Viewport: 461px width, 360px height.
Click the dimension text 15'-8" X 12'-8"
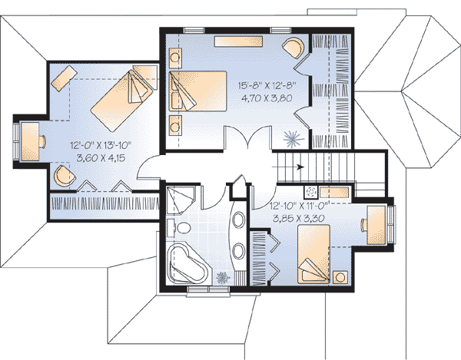[x=267, y=86]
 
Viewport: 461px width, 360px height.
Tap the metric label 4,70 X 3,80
[x=267, y=98]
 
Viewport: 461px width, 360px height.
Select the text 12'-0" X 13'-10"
[x=101, y=145]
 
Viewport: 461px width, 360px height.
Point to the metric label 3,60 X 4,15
[x=101, y=158]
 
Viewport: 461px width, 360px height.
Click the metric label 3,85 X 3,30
[x=299, y=219]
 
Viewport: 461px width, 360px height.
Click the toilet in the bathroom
[x=181, y=227]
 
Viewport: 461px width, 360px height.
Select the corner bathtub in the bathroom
[x=188, y=264]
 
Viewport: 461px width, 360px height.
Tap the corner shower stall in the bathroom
[x=181, y=200]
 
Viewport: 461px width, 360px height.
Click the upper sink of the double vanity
[x=239, y=220]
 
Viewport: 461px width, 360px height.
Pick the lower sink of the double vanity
[x=239, y=252]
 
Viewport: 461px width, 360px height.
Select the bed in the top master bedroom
[x=198, y=91]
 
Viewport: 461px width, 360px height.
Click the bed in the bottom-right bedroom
[x=313, y=254]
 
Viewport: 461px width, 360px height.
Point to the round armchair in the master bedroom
[x=293, y=47]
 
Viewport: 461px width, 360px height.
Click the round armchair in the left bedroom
[x=65, y=176]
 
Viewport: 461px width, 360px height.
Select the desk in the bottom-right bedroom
[x=376, y=225]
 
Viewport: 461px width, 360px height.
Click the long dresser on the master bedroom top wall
[x=238, y=41]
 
